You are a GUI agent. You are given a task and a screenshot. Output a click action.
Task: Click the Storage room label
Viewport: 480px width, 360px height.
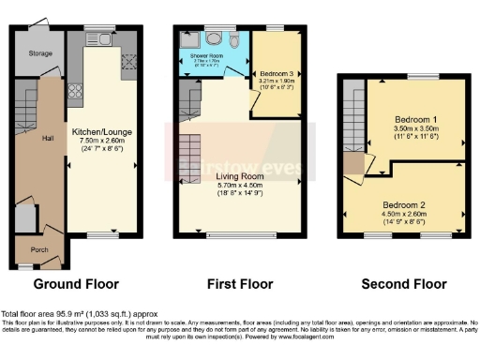point(39,54)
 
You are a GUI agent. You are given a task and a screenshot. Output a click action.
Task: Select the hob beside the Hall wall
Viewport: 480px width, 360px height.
point(75,93)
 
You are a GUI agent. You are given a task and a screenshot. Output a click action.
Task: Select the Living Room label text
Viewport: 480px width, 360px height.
point(241,175)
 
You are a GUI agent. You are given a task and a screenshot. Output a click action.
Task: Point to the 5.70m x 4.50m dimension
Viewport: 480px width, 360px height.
point(241,184)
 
